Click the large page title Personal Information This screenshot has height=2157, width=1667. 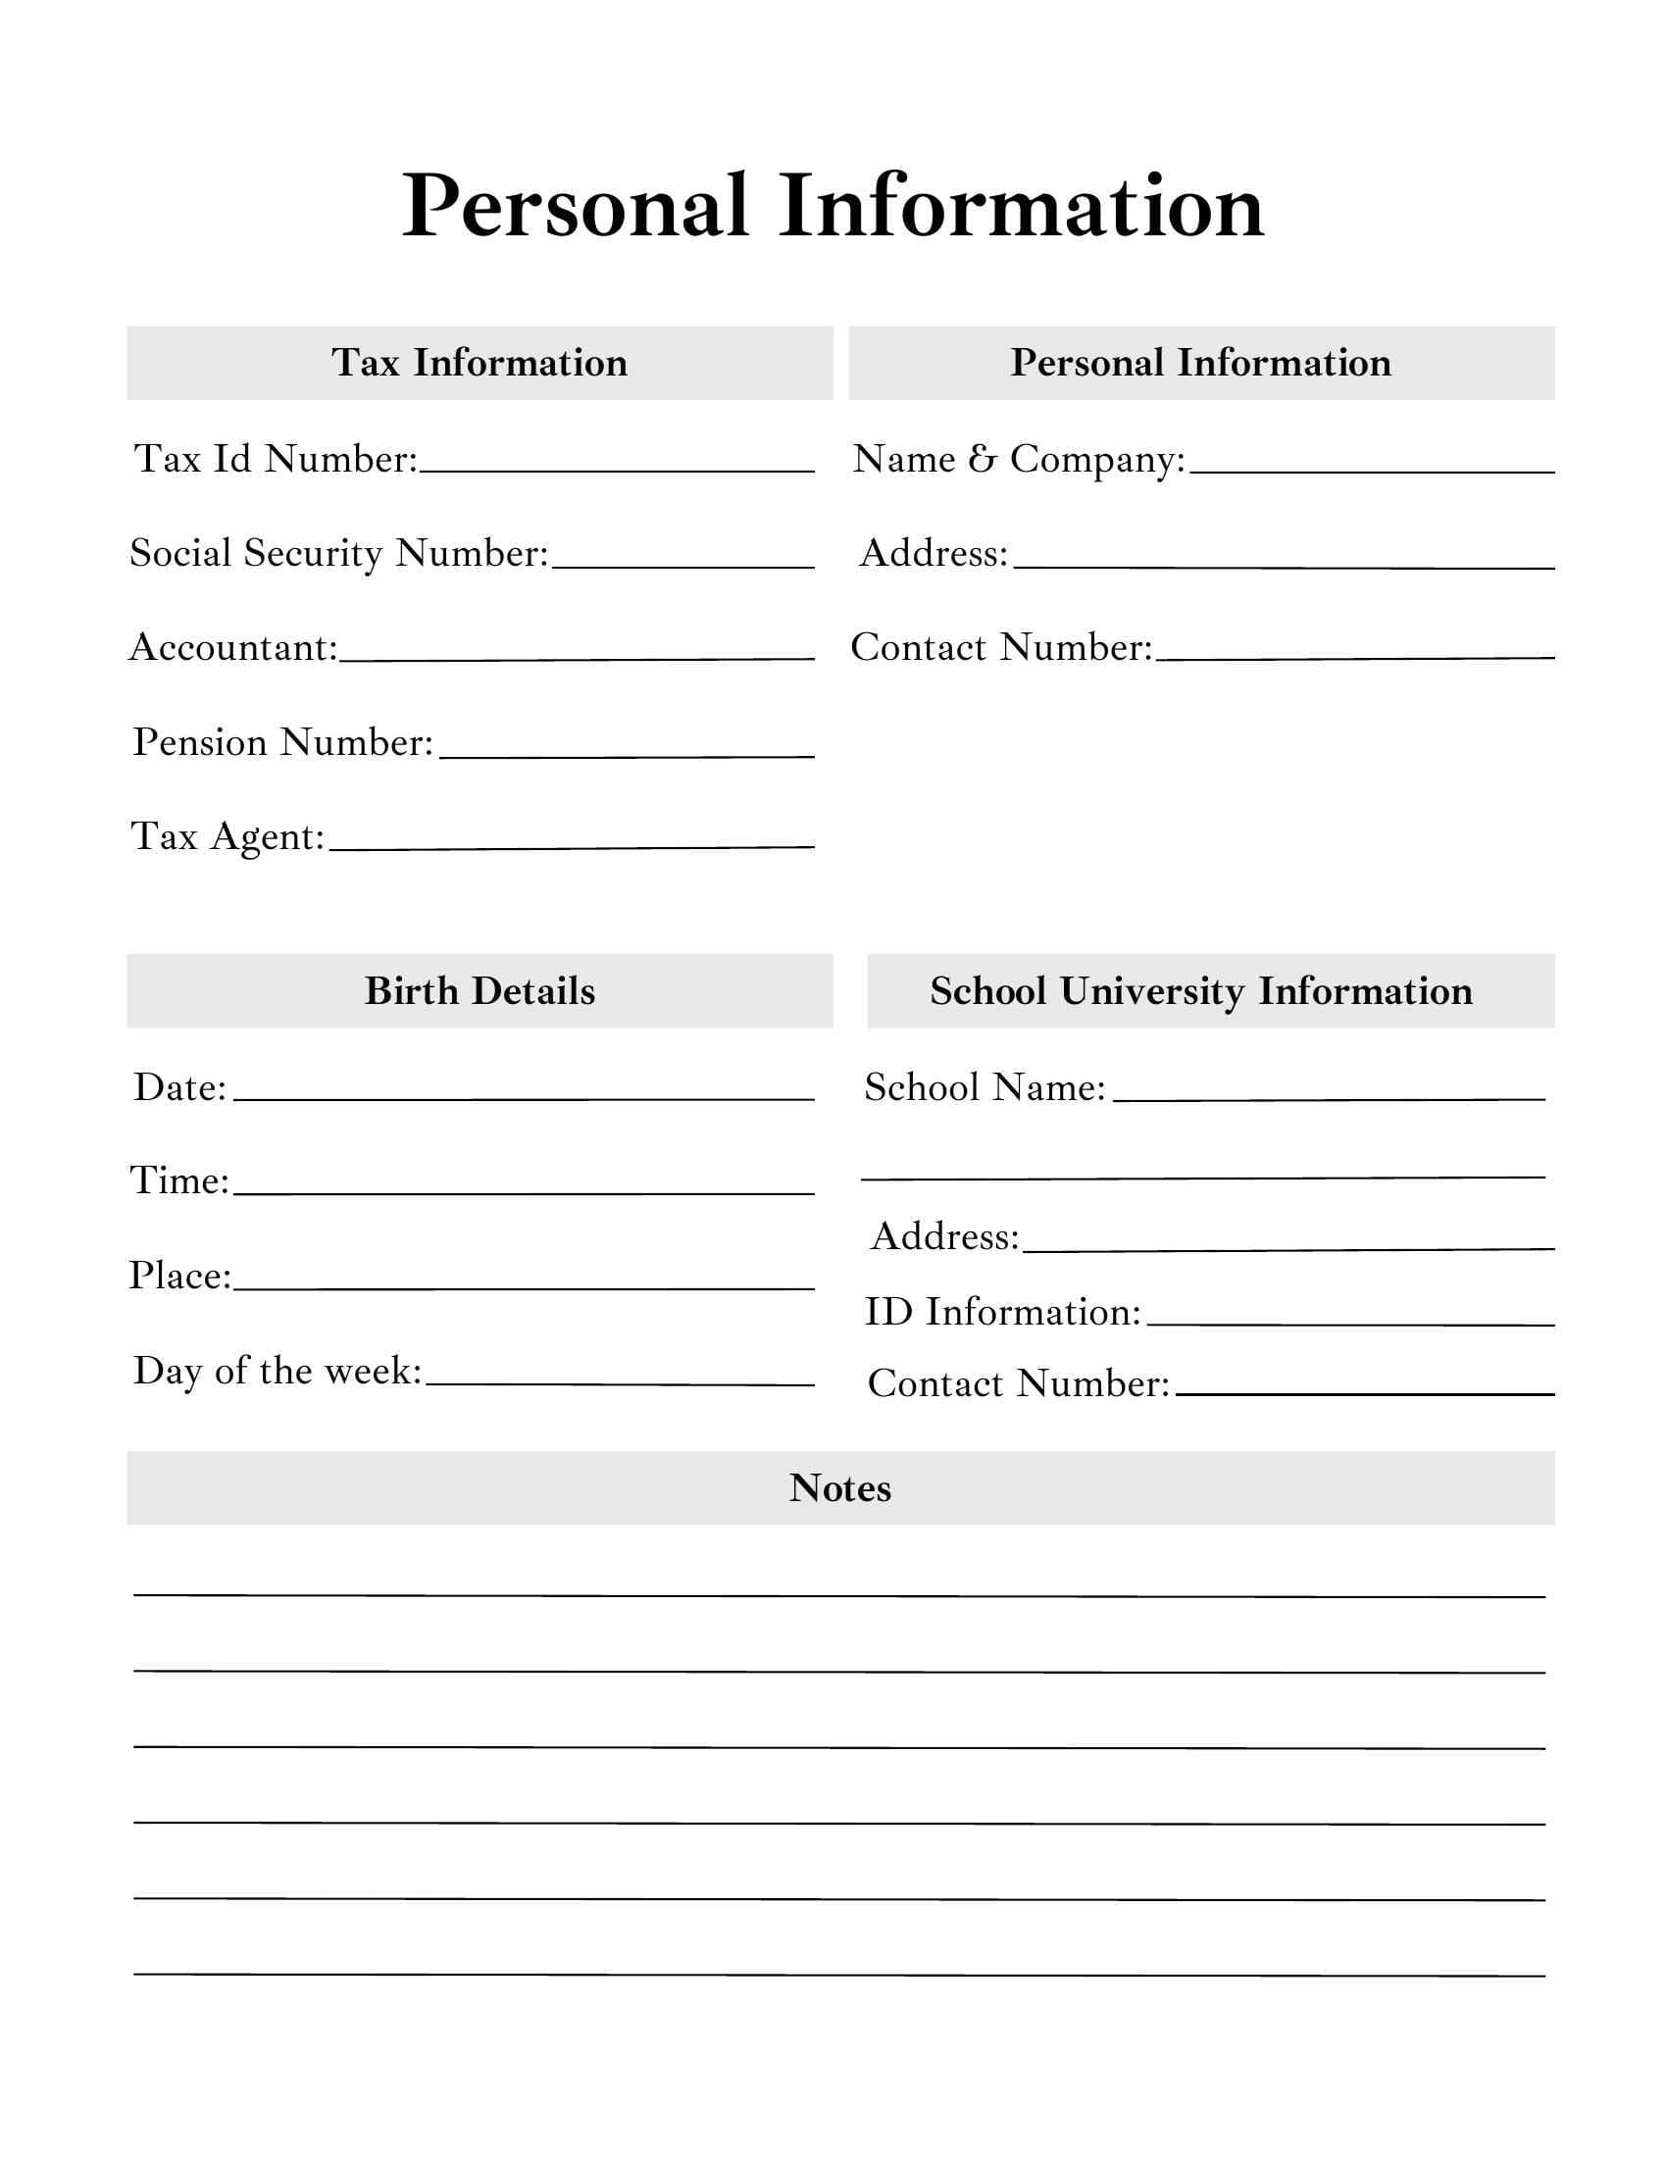coord(833,207)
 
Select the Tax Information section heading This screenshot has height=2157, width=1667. coord(479,363)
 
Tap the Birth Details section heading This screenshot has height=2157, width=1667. coord(479,990)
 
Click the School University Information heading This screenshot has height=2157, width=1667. coord(1201,990)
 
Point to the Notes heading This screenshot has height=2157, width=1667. coord(839,1487)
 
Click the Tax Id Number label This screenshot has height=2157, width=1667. coord(276,459)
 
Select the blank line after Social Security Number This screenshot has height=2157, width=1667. coord(682,565)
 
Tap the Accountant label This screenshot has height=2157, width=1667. coord(233,648)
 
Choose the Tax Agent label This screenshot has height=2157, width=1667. coord(227,837)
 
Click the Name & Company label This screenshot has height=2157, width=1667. coord(1018,459)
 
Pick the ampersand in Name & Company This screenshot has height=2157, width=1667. coord(983,459)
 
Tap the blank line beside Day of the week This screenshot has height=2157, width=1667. coord(619,1382)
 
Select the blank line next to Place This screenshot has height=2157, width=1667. coord(524,1287)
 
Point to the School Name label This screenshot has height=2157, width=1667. coord(985,1087)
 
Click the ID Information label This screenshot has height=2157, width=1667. coord(1002,1313)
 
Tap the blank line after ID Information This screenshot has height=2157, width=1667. coord(1350,1323)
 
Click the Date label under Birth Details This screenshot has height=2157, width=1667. coord(179,1087)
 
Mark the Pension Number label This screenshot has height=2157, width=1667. coord(282,743)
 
